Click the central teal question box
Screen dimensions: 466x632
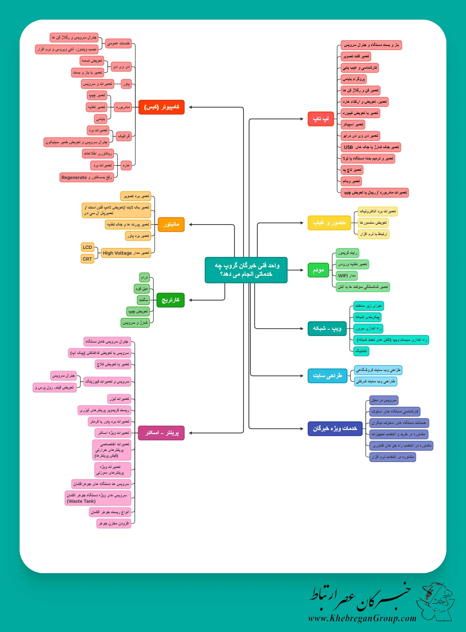[x=246, y=270]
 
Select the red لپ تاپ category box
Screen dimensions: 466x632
[x=321, y=119]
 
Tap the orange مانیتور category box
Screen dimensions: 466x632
[x=171, y=224]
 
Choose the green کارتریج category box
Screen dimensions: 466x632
[x=170, y=300]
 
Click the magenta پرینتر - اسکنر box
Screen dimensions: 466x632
[x=161, y=433]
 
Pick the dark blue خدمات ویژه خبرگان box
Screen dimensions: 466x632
[x=335, y=428]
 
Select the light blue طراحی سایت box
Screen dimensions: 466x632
[x=327, y=376]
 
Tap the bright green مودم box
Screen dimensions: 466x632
[x=318, y=270]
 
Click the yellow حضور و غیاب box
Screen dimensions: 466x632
[x=329, y=223]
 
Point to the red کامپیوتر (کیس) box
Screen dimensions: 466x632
[x=161, y=107]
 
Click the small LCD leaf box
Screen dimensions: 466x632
[x=87, y=247]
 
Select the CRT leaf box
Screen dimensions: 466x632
[x=87, y=259]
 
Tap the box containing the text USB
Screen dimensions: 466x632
[x=371, y=147]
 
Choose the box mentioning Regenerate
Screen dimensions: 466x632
[x=87, y=177]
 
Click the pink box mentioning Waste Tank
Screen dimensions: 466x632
[x=98, y=498]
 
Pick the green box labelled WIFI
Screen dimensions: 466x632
[x=347, y=276]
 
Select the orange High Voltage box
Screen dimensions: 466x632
[x=126, y=253]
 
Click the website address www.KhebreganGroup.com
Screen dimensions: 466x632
[x=362, y=618]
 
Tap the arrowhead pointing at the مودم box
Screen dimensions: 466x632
[x=302, y=270]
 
